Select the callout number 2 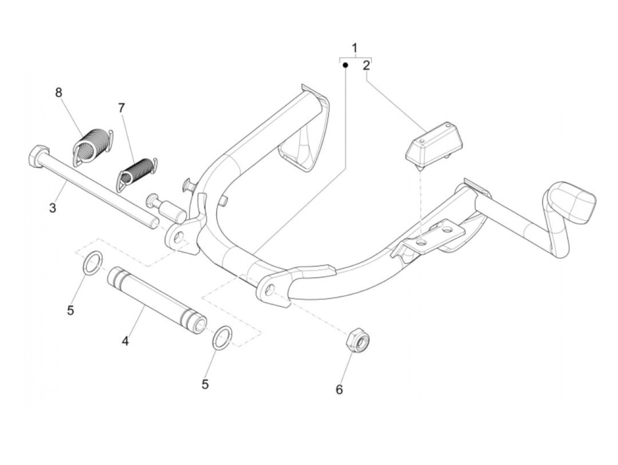(366, 66)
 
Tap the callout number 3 (53, 207)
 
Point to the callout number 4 (125, 341)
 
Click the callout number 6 (339, 389)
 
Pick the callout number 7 (121, 107)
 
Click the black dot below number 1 (346, 65)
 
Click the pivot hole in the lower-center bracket (270, 290)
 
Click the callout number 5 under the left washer (71, 310)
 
